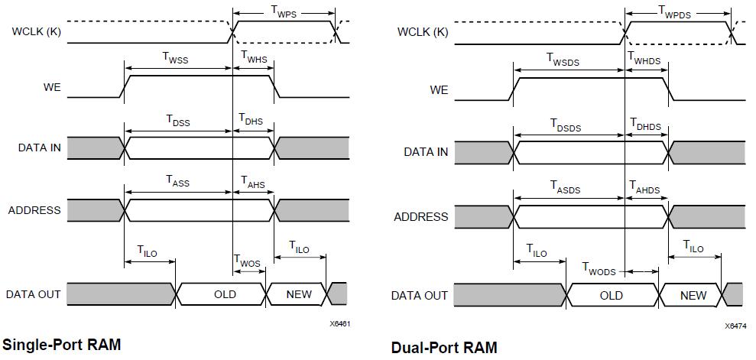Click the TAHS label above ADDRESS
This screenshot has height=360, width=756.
point(253,181)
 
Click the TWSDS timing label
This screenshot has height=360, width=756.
point(569,58)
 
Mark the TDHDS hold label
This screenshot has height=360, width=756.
point(645,125)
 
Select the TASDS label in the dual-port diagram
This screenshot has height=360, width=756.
point(570,186)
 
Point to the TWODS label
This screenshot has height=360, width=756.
point(599,268)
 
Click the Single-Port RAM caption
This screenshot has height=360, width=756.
point(62,345)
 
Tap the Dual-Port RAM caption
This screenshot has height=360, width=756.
point(443,348)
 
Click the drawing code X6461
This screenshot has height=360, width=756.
point(340,324)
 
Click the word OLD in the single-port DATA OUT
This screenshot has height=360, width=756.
point(225,294)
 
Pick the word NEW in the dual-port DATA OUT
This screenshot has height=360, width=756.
point(693,295)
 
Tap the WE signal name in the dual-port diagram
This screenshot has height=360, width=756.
point(439,90)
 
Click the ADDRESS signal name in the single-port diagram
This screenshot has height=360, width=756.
point(34,210)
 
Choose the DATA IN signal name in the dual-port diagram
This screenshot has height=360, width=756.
point(426,152)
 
